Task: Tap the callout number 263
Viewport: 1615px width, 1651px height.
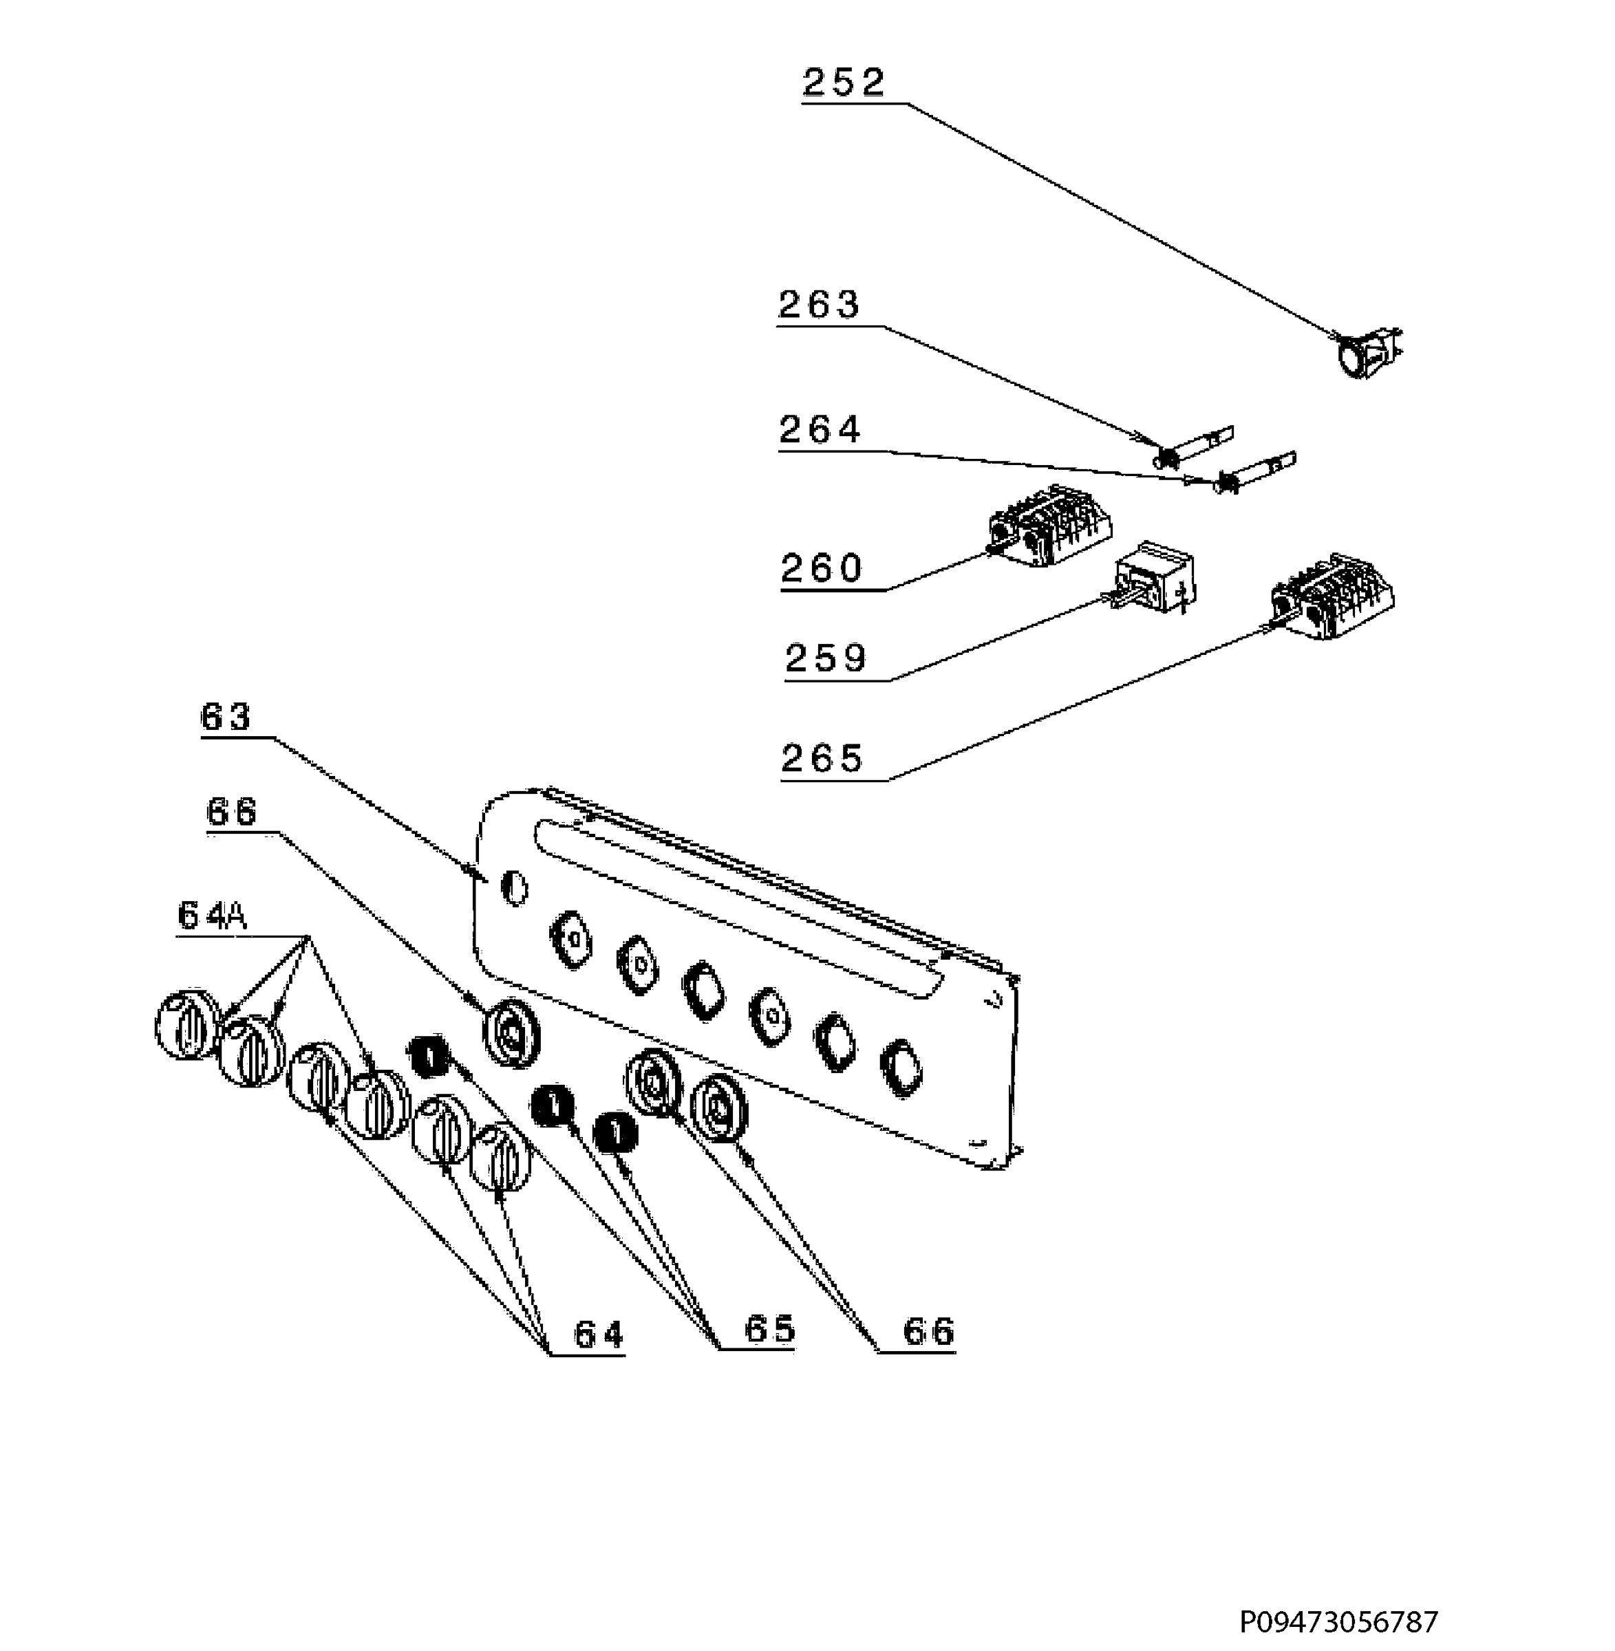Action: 820,305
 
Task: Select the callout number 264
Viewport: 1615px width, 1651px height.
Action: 820,430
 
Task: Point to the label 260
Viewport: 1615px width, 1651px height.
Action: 822,568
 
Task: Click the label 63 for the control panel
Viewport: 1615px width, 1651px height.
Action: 226,717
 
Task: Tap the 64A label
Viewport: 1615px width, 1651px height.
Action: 212,916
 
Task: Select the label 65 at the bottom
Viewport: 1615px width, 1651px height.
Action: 770,1329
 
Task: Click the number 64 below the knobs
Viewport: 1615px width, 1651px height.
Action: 599,1335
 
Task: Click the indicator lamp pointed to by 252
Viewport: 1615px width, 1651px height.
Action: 1366,352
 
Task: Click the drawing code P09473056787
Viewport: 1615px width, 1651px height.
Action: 1339,1621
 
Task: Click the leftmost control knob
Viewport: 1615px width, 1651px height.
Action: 187,1023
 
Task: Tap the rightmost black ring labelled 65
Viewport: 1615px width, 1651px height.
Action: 616,1133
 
